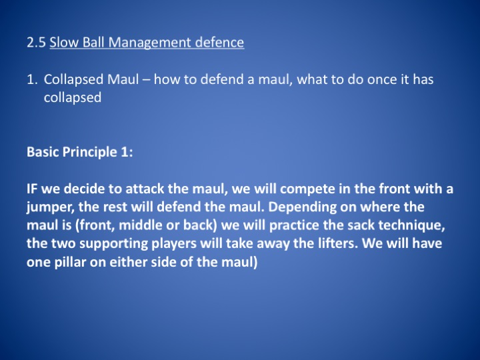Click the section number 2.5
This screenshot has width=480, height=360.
click(x=36, y=42)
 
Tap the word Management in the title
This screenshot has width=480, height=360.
click(x=150, y=43)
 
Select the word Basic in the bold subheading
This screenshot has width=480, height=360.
click(x=43, y=152)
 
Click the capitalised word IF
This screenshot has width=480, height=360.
click(x=32, y=189)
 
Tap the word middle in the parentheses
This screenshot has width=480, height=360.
click(x=140, y=225)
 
